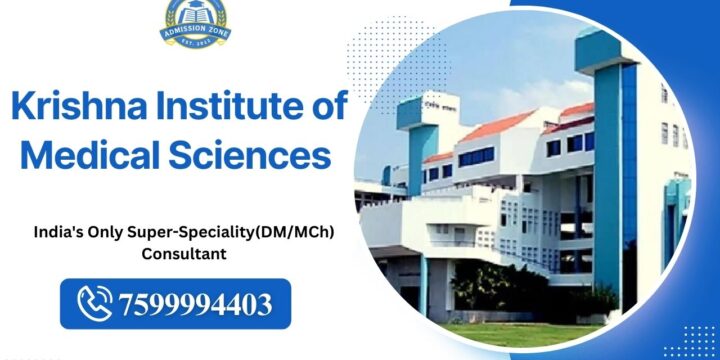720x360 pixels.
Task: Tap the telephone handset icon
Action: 96,302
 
